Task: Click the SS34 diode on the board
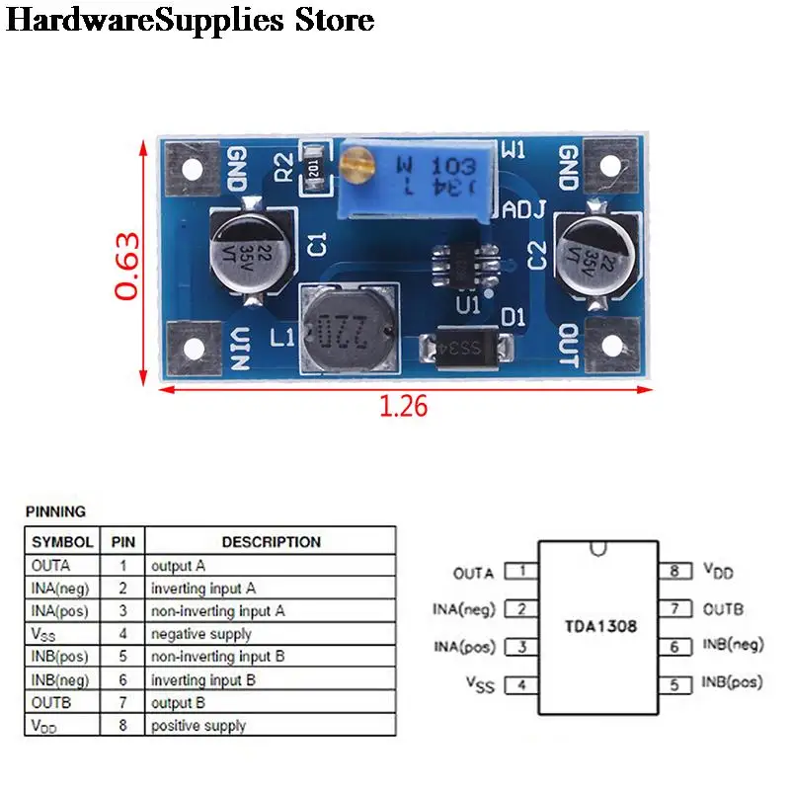466,347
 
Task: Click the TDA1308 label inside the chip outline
600,626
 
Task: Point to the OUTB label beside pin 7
723,608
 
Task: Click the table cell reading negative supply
200,634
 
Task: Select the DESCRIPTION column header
271,542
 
